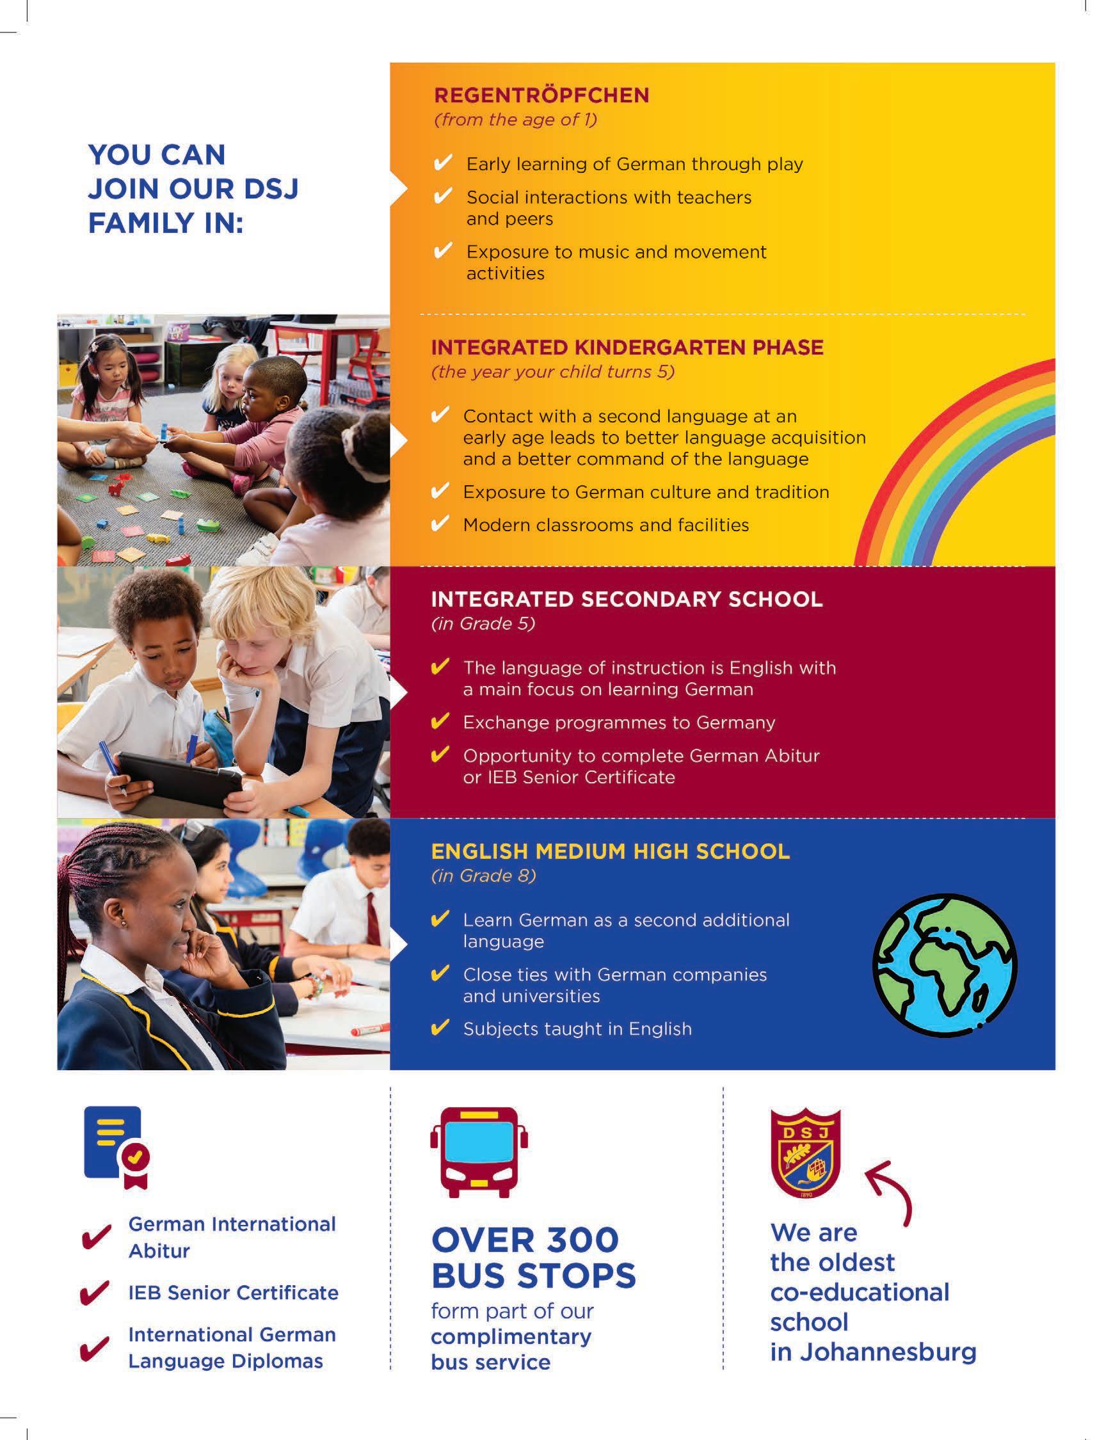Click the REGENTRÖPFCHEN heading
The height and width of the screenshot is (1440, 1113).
pyautogui.click(x=541, y=95)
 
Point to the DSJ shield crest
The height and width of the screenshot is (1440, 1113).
pyautogui.click(x=805, y=1153)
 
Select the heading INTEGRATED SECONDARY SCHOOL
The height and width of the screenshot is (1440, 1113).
pyautogui.click(x=627, y=599)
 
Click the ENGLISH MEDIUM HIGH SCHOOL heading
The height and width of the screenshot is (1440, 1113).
pyautogui.click(x=610, y=851)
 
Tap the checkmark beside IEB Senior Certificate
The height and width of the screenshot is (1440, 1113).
pyautogui.click(x=94, y=1293)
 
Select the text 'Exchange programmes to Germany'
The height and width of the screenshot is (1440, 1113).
pyautogui.click(x=618, y=723)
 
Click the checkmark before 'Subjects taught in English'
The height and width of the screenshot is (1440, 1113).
pyautogui.click(x=439, y=1028)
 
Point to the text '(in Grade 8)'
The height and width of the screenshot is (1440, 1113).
pyautogui.click(x=483, y=876)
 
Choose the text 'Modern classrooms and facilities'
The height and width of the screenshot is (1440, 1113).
pyautogui.click(x=605, y=525)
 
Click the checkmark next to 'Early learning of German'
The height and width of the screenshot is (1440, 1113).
pyautogui.click(x=442, y=163)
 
